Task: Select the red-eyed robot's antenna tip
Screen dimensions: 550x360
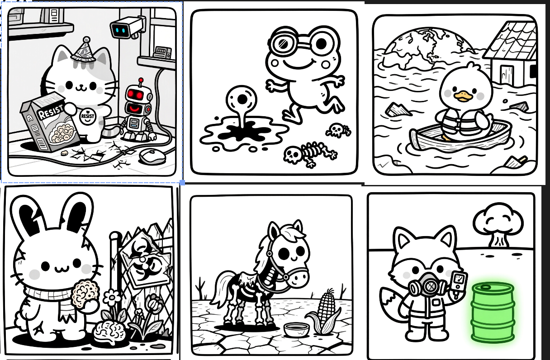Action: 141,80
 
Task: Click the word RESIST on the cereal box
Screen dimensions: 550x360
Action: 50,111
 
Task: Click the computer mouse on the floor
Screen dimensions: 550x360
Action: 153,156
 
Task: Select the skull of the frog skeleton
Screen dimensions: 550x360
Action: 292,155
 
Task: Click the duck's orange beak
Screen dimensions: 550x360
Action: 463,96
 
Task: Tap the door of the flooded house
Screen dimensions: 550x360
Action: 506,74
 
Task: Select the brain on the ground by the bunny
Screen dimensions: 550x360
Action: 110,332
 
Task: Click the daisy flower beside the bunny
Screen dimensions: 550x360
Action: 112,298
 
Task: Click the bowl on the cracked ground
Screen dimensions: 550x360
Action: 296,330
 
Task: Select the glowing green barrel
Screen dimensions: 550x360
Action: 492,313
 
